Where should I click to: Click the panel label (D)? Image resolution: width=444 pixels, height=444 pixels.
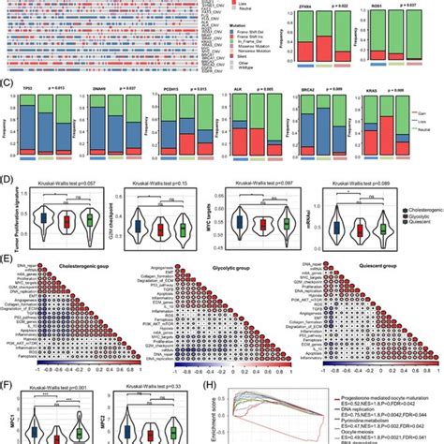(x=9, y=188)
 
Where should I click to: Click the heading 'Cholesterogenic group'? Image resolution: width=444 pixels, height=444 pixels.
(x=82, y=267)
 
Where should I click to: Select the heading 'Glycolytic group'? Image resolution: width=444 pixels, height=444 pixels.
(x=220, y=267)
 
